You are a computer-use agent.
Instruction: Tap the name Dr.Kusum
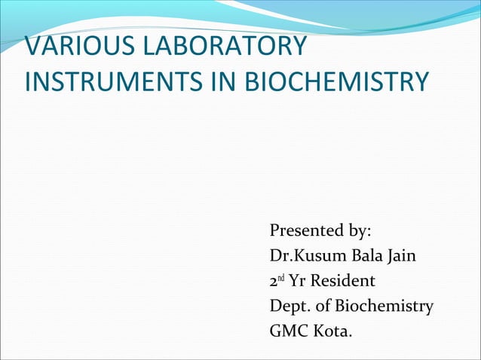tap(307, 256)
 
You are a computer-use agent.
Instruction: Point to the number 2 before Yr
tap(274, 282)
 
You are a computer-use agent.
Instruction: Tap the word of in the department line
tap(323, 307)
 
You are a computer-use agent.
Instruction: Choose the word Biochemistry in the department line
tap(384, 307)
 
